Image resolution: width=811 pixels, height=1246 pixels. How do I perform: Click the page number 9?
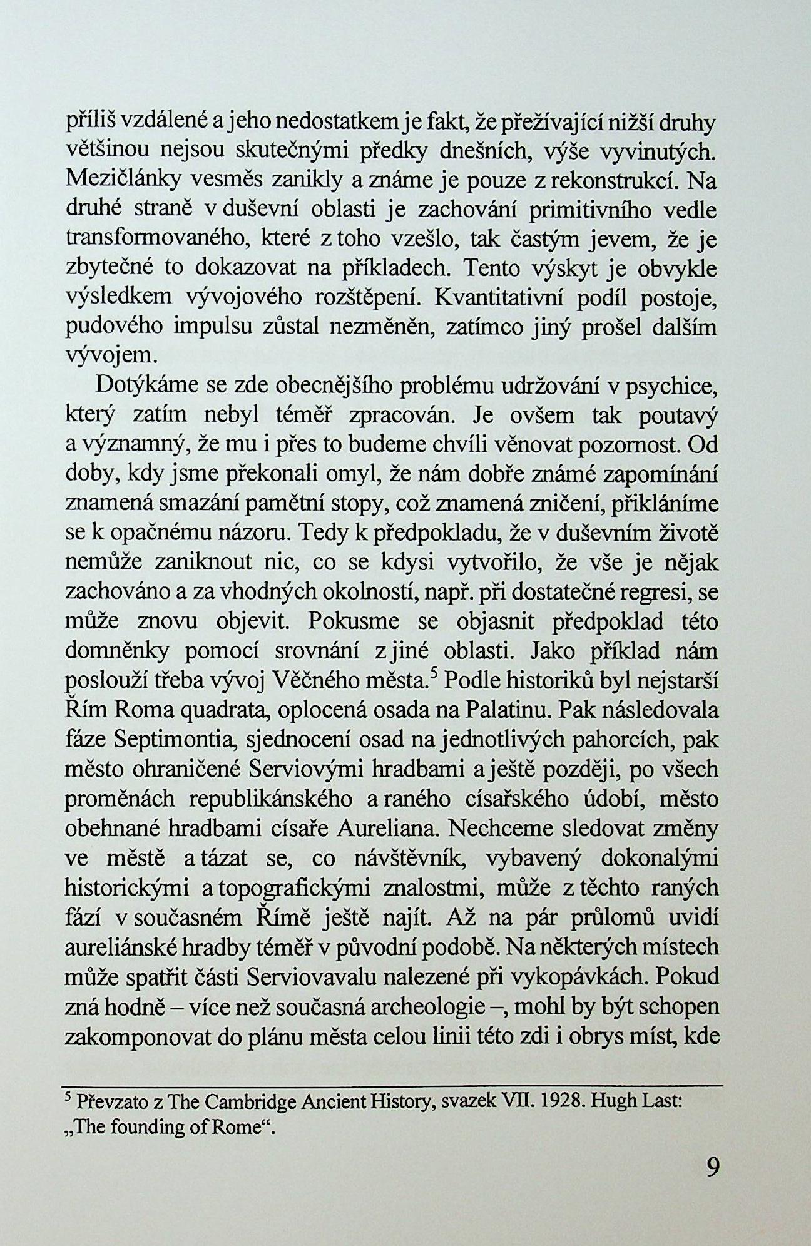tap(712, 1168)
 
